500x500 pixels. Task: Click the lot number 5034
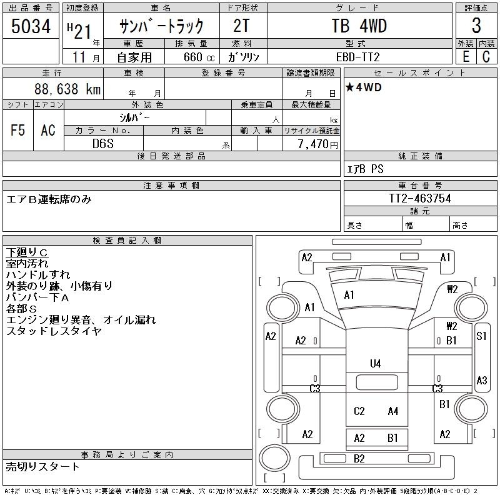[x=31, y=26]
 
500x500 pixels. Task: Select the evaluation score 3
[x=476, y=26]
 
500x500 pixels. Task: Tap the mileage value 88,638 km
[x=67, y=89]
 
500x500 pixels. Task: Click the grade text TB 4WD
[x=359, y=26]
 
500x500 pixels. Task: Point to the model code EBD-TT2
[x=357, y=57]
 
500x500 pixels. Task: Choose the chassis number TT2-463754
[x=420, y=198]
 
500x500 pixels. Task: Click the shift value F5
[x=18, y=130]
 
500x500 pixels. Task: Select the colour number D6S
[x=103, y=144]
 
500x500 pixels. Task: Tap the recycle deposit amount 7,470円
[x=318, y=144]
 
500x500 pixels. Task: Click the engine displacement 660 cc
[x=199, y=57]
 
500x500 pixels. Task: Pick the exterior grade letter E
[x=466, y=57]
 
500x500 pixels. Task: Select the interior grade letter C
[x=486, y=57]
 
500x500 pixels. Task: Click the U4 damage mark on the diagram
[x=376, y=364]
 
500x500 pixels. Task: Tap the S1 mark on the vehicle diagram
[x=481, y=336]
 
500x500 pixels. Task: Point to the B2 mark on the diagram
[x=359, y=459]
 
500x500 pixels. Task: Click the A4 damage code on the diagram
[x=393, y=411]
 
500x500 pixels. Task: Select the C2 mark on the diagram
[x=359, y=411]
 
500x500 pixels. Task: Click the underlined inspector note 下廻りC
[x=27, y=252]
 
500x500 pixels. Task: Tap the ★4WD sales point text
[x=364, y=87]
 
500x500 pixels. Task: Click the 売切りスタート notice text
[x=42, y=466]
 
